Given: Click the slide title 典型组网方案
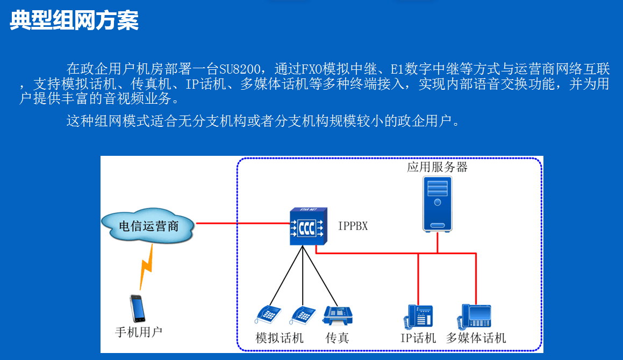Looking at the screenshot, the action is point(74,20).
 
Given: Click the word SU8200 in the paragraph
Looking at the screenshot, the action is point(240,69).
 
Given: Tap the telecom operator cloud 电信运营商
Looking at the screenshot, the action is point(148,225).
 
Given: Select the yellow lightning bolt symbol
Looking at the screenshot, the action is point(146,267).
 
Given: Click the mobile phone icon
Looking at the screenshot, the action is point(138,308).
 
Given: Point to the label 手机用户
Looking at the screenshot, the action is point(139,332).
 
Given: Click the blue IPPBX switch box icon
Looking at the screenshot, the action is point(309,226).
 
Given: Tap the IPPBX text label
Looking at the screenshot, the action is point(353,226).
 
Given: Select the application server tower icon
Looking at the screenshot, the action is point(437,204).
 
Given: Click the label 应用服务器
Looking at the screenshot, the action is point(437,167).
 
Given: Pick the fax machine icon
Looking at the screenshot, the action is point(338,316).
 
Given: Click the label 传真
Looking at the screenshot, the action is point(338,338).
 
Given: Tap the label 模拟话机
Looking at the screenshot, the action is point(280,338).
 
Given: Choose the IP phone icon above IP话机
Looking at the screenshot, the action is point(418,316).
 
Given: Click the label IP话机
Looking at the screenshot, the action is point(418,338).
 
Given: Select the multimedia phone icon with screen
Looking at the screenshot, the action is point(474,316).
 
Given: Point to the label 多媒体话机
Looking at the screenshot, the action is point(476,338).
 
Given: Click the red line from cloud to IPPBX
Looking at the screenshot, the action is point(243,224).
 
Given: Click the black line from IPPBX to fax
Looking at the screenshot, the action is point(320,276).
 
